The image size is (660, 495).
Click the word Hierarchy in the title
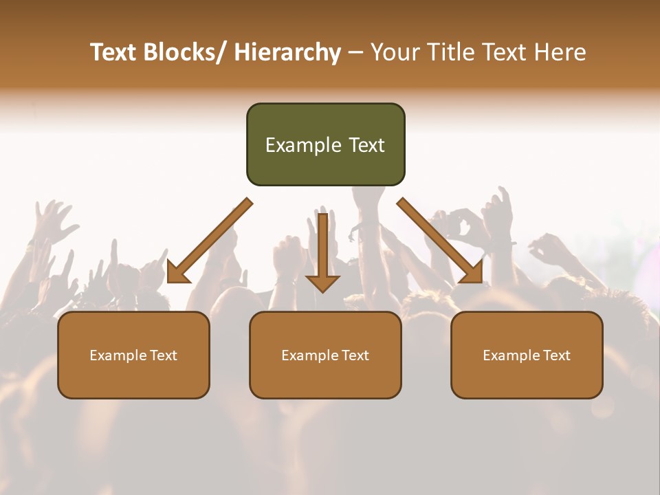point(287,52)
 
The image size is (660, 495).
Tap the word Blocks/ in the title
point(186,52)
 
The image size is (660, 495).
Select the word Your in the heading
point(395,52)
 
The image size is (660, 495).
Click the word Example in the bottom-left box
point(118,355)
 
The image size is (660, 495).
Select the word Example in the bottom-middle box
point(310,355)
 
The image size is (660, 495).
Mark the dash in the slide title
point(355,54)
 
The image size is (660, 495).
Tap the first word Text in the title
point(115,52)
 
